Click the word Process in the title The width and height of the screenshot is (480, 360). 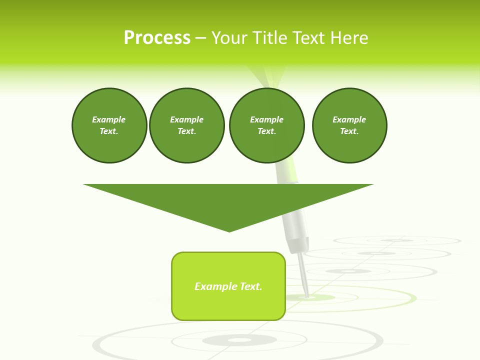coord(157,38)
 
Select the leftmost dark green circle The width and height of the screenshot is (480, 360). coord(109,125)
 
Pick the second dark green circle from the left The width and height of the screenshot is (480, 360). coord(186,125)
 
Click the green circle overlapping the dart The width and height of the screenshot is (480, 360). coord(266,125)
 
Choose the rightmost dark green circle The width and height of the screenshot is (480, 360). coord(349,125)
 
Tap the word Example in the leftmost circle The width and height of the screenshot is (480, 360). coord(108,119)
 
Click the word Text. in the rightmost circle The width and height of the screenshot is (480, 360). coord(349,131)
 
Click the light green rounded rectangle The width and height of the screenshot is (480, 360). coord(228,286)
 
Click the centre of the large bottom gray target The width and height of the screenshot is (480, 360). coord(239,340)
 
